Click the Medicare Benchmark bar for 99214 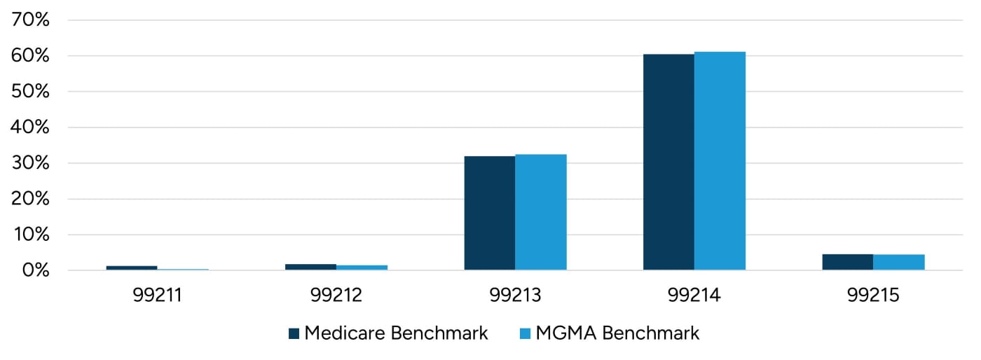point(668,162)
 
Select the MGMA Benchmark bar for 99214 point(720,161)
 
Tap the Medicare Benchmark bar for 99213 point(489,213)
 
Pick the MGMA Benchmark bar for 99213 point(540,212)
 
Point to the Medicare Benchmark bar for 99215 point(847,262)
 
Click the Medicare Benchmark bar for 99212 point(310,267)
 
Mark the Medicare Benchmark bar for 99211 point(131,268)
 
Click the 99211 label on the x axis point(157,296)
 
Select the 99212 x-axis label point(336,296)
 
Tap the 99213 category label point(515,296)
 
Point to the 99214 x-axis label point(694,296)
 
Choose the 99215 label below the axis point(872,296)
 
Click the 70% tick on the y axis point(31,20)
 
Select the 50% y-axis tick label point(31,92)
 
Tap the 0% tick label point(35,270)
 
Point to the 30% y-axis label point(31,163)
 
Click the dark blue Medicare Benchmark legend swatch point(294,333)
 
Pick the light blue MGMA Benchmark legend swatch point(525,333)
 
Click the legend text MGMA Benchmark point(617,333)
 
